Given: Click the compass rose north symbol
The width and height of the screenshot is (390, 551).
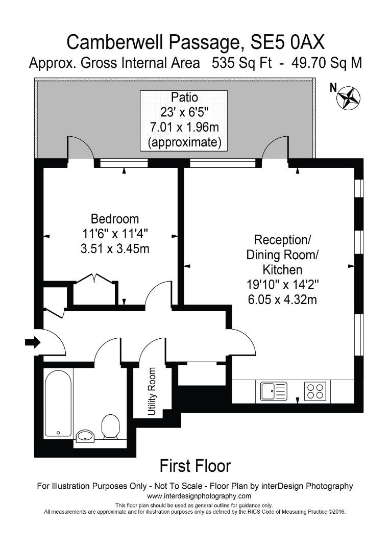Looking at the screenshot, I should [349, 97].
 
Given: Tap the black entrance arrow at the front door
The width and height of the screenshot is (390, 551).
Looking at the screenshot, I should [32, 342].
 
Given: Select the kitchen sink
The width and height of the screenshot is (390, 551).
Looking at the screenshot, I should [274, 391].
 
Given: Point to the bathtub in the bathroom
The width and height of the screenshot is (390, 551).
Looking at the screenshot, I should [58, 404].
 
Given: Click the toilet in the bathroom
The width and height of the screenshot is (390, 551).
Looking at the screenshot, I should [110, 427].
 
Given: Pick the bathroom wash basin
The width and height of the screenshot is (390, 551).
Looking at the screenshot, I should [86, 435].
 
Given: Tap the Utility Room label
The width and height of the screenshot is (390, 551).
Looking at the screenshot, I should [152, 391].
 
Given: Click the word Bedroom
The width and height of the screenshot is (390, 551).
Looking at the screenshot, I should [115, 219].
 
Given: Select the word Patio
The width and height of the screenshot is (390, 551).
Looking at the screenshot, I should [184, 97].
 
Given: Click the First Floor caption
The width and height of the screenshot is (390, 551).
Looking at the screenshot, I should [195, 465].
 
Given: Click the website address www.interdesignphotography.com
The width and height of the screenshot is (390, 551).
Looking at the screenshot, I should [199, 496].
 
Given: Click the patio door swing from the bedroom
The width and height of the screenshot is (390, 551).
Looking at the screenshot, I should [80, 148].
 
